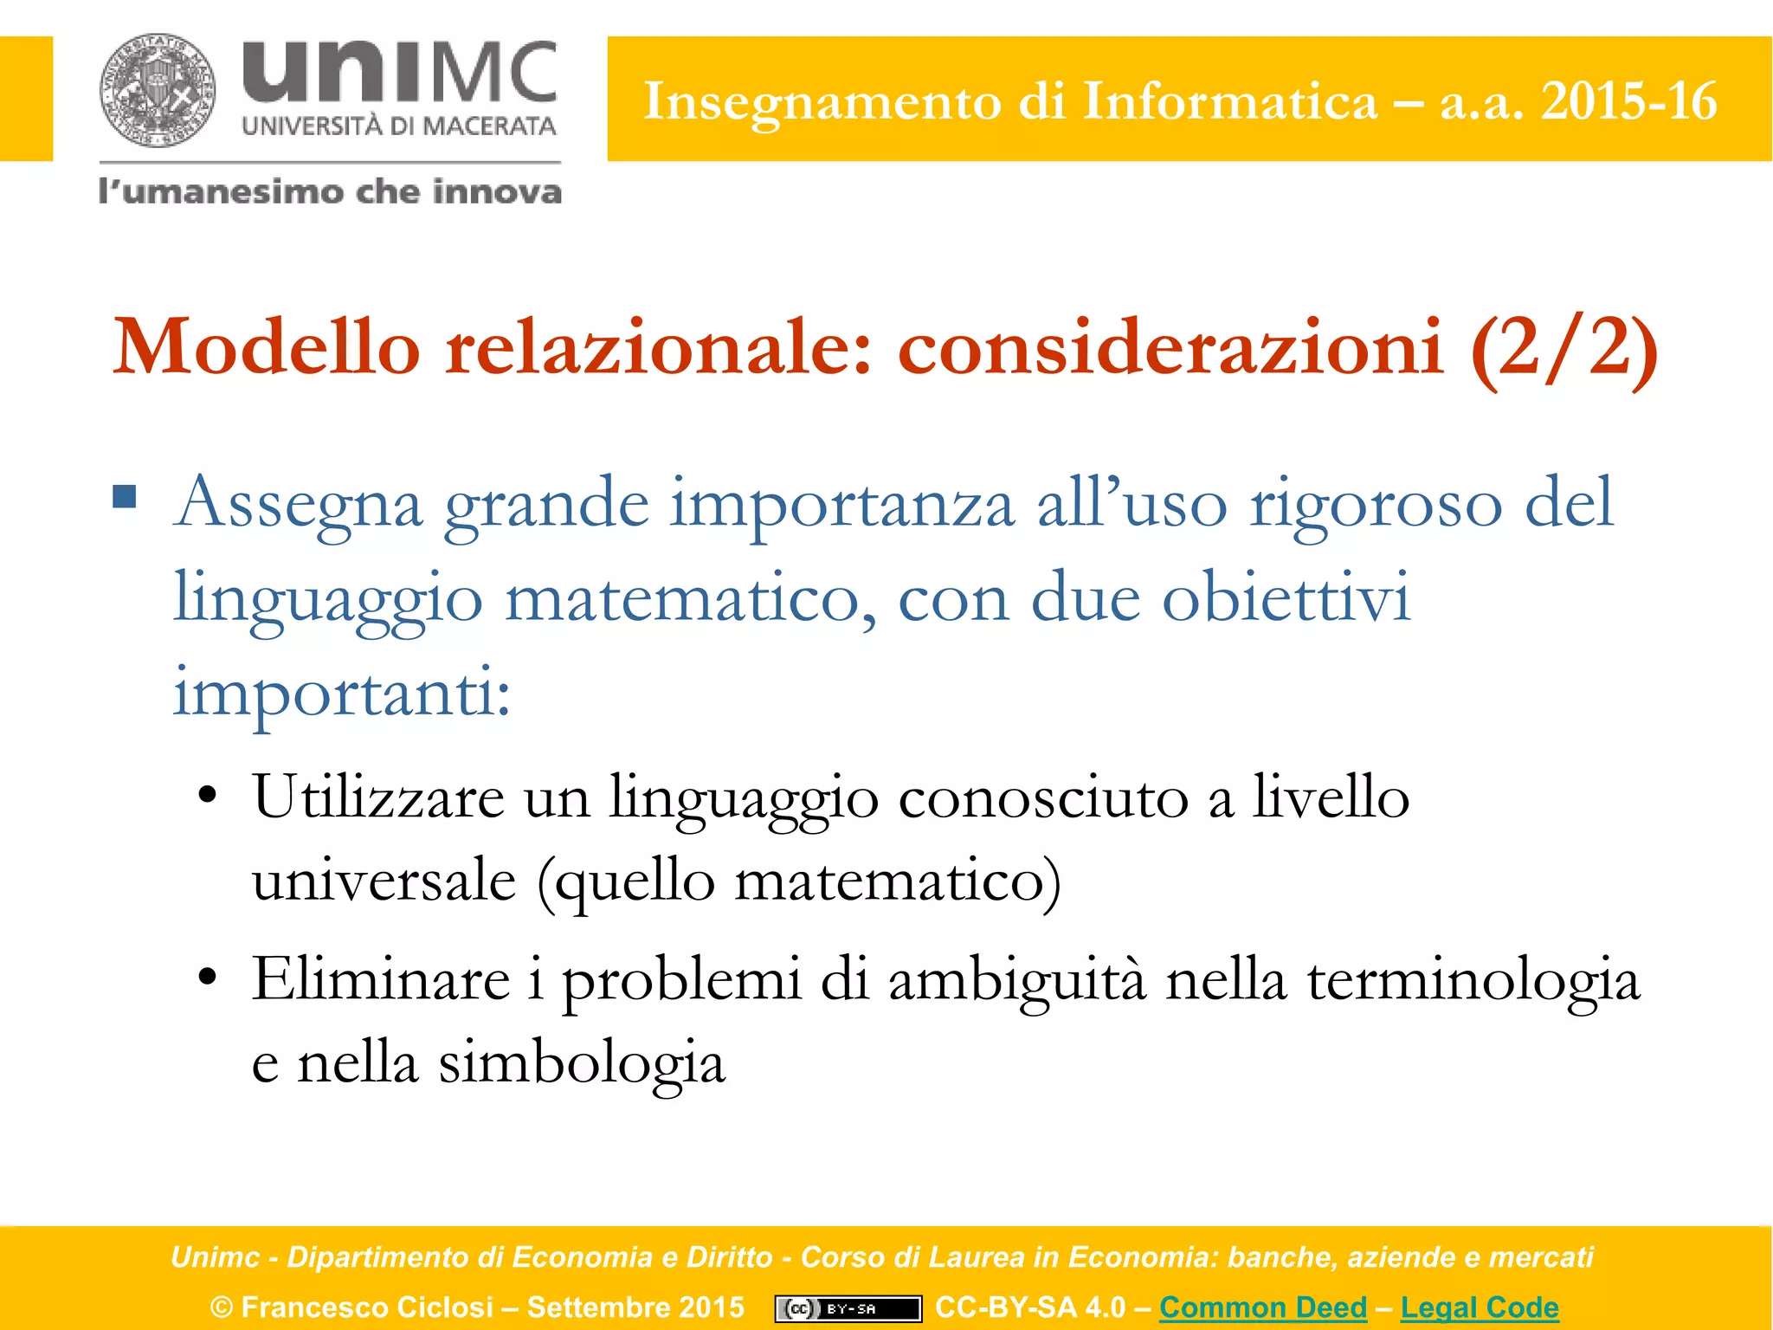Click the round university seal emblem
point(157,90)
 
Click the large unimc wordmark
point(399,72)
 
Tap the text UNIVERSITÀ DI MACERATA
point(399,126)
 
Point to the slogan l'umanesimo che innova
point(330,190)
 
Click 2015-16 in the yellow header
point(1628,101)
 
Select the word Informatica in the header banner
point(1229,101)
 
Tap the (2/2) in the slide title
point(1563,347)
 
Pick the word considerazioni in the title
point(1170,347)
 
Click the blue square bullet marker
point(126,497)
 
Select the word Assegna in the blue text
point(298,504)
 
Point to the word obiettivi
point(1286,598)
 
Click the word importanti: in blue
point(342,694)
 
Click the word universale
point(384,881)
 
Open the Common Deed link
point(1263,1307)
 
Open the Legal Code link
point(1480,1307)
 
